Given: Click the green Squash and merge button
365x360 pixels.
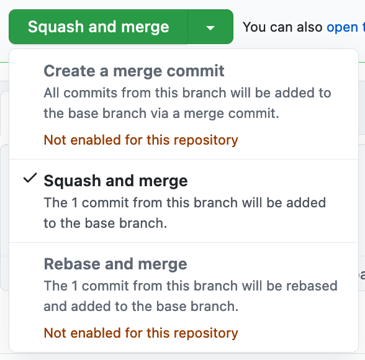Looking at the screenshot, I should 98,27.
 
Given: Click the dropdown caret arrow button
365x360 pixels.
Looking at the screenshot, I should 210,27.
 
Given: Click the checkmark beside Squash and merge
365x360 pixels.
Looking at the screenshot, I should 30,179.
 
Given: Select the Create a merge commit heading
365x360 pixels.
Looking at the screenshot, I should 133,71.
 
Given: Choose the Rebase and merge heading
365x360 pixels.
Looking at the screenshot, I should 115,264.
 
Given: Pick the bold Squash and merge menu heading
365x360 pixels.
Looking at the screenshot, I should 115,181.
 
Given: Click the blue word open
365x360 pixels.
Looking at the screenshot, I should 342,27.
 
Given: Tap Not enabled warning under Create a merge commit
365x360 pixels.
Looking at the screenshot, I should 140,140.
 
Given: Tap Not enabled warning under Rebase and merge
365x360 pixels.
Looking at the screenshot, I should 140,333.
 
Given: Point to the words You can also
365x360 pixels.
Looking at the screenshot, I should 282,27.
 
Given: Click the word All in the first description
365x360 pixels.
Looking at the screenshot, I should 52,93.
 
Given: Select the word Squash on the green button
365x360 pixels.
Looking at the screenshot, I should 56,27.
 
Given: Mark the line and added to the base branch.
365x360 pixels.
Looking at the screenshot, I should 141,306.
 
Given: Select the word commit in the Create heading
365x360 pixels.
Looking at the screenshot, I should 202,71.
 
